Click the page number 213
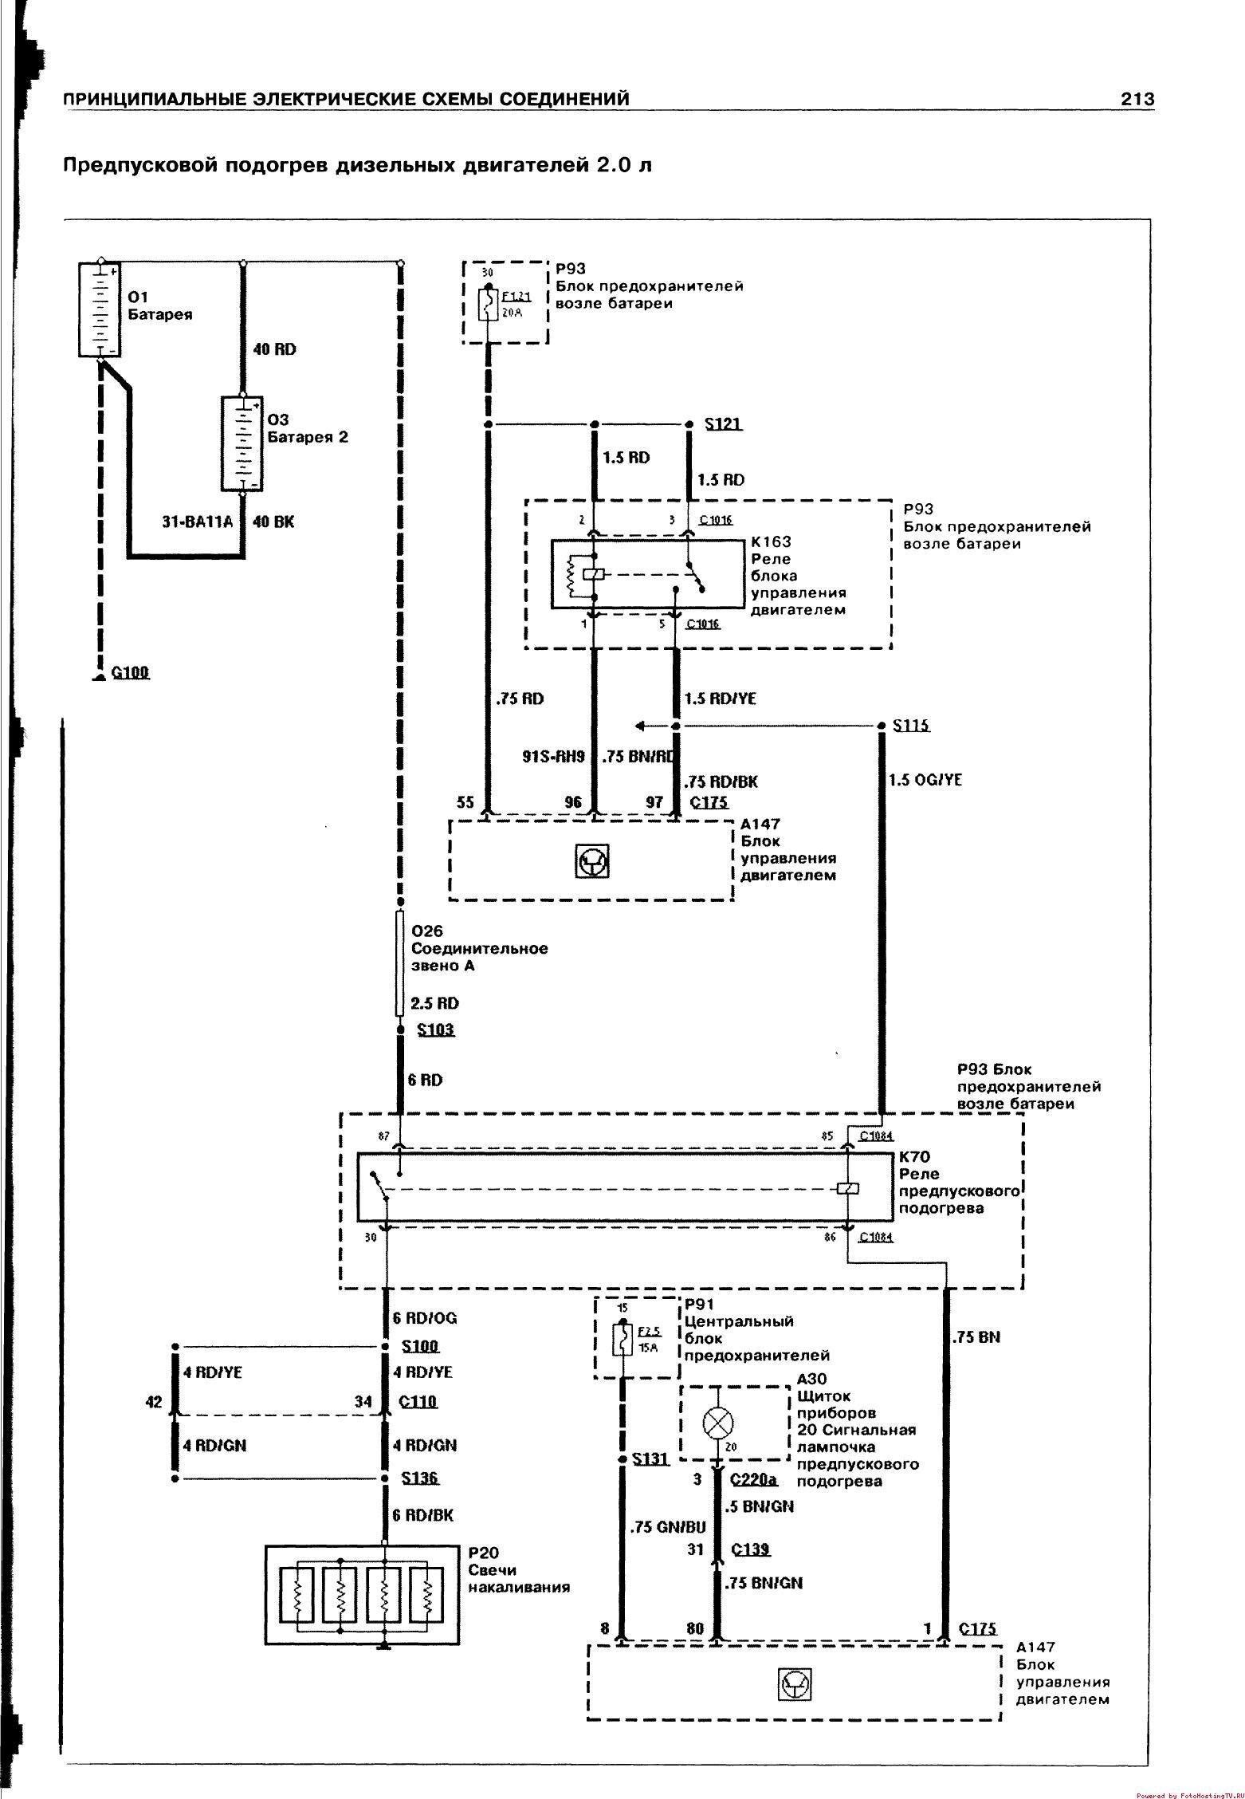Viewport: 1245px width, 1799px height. [1137, 99]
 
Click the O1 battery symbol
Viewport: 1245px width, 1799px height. [100, 309]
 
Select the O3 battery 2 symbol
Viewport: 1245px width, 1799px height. [242, 443]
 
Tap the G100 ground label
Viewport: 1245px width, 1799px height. [130, 672]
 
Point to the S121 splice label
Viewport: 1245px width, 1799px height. [723, 423]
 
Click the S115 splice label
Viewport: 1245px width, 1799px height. [911, 726]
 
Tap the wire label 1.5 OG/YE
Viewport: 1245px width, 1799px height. [925, 780]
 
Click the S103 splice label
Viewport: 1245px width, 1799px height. [435, 1029]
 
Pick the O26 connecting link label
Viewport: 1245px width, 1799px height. [426, 931]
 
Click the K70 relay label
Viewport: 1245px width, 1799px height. [915, 1156]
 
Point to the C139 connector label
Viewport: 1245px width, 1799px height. [750, 1549]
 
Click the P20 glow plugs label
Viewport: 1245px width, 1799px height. [482, 1552]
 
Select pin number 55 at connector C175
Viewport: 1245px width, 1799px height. [466, 802]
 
